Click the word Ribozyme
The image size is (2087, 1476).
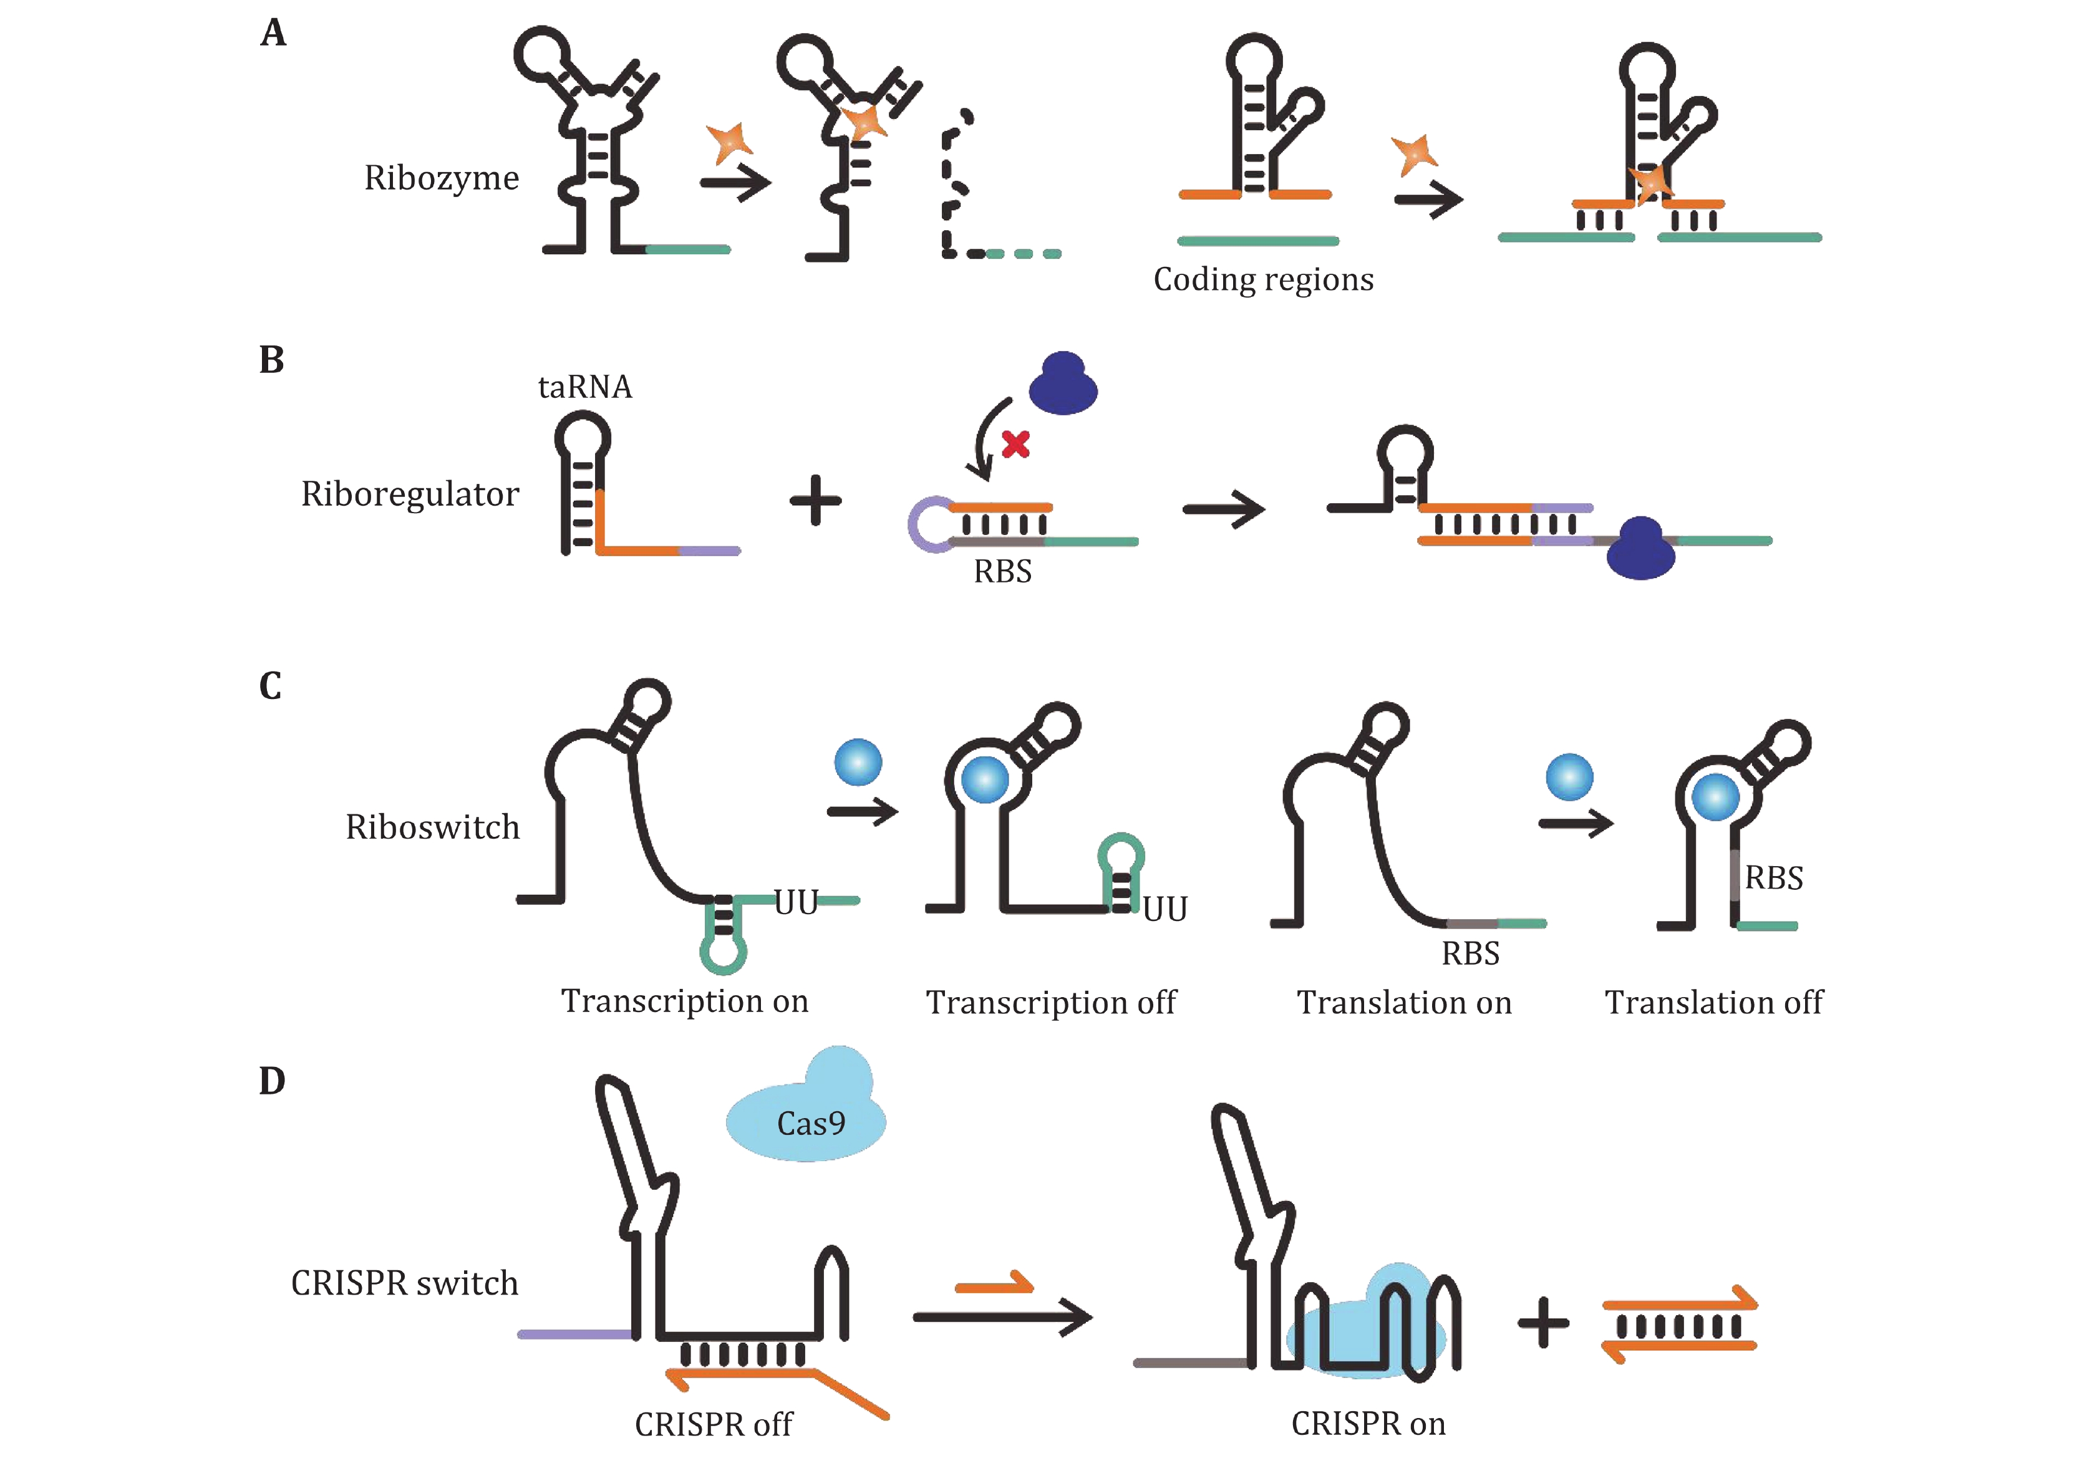pos(441,178)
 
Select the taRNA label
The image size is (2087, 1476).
pos(584,387)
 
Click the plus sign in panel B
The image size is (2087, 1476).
pos(815,501)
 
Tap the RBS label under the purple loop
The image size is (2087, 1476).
pos(1002,572)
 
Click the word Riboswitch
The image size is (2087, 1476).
pos(433,827)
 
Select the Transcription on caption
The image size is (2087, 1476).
pos(684,1001)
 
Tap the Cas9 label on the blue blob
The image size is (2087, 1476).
pos(811,1124)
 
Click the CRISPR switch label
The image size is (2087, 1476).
pos(405,1283)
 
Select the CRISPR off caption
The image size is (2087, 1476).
pos(714,1424)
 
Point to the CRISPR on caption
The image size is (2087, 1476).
pos(1368,1423)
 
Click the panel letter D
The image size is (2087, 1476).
pos(272,1081)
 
